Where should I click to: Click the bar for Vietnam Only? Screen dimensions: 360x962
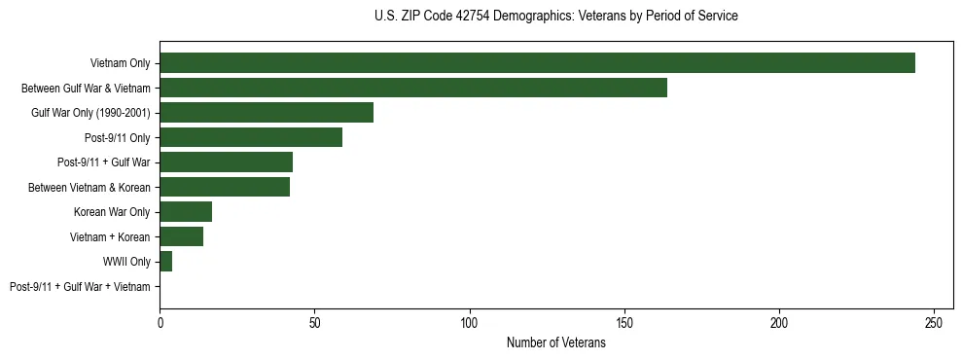point(537,63)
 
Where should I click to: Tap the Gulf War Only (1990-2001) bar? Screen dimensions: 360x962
point(267,113)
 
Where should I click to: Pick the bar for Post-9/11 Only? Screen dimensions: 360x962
point(251,137)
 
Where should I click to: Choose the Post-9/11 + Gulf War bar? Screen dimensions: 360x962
point(226,162)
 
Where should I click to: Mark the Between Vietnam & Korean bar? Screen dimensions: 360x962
point(225,187)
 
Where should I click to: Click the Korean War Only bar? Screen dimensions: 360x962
point(186,212)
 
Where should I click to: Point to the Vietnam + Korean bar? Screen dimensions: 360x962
point(181,236)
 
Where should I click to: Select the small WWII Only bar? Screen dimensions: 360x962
point(166,262)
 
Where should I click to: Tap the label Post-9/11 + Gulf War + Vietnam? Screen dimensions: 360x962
point(80,287)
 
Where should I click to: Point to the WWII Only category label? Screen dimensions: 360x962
point(126,262)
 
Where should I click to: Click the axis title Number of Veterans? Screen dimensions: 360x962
point(555,342)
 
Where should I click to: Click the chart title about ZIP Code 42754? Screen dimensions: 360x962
point(555,16)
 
